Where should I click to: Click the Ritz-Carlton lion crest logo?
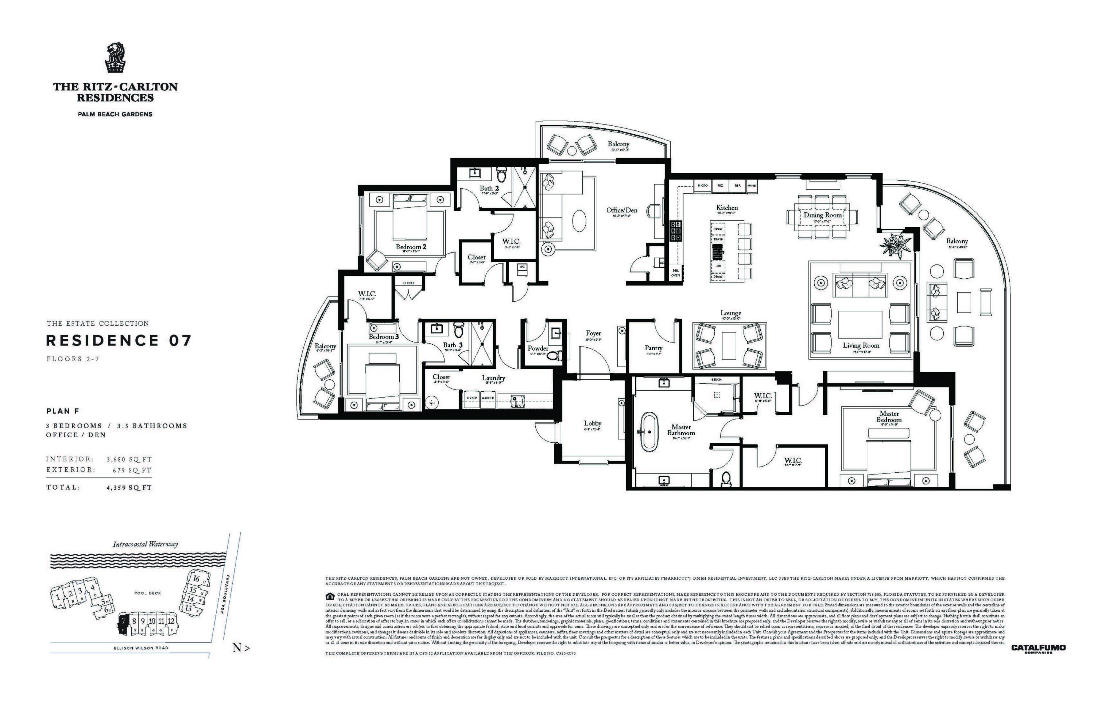coord(115,58)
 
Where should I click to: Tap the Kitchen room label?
coord(727,208)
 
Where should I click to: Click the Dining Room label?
coord(822,215)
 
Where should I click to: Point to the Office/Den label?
coord(621,210)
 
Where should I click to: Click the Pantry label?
coord(653,348)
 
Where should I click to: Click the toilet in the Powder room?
coord(555,355)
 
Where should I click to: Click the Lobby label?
coord(592,423)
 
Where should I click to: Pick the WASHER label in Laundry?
coord(488,398)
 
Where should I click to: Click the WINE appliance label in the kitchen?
coord(752,186)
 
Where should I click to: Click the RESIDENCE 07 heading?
coord(118,341)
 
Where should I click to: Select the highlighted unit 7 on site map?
coord(123,624)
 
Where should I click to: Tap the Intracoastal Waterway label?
coord(145,544)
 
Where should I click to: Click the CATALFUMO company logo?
coord(1038,649)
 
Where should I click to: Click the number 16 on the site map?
coord(196,579)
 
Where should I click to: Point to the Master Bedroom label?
coord(889,417)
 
